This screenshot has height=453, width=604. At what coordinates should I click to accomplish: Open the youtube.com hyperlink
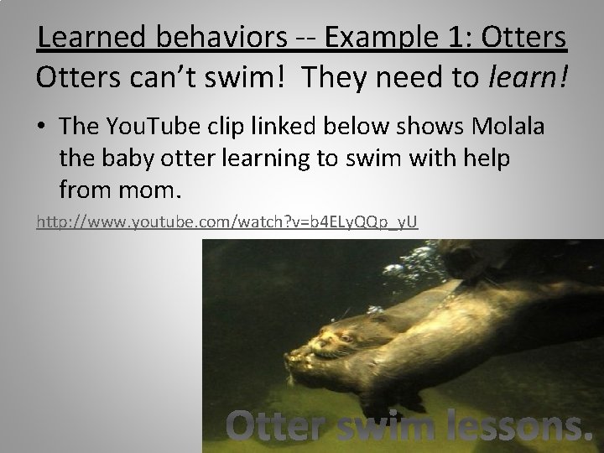click(x=226, y=222)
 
